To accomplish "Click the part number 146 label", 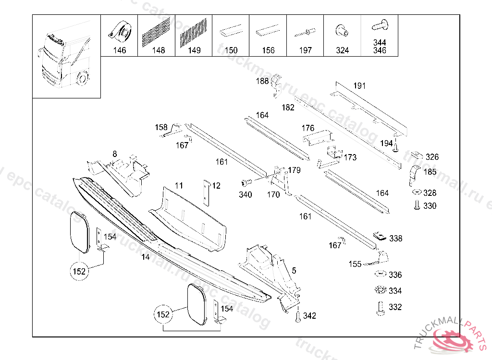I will (119, 50).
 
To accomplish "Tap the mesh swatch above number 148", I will (156, 32).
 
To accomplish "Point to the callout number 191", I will (359, 86).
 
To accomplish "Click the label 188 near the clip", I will (262, 82).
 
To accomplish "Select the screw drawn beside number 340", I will (246, 183).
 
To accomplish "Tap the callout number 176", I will (307, 128).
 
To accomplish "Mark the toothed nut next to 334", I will (380, 290).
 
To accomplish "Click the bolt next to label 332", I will (380, 308).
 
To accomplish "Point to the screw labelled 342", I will (297, 316).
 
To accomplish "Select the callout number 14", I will (146, 257).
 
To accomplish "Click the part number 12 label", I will (216, 186).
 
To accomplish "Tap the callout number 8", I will (114, 154).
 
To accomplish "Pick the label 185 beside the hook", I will (430, 171).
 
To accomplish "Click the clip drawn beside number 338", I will (380, 236).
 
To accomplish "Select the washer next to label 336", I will (380, 274).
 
